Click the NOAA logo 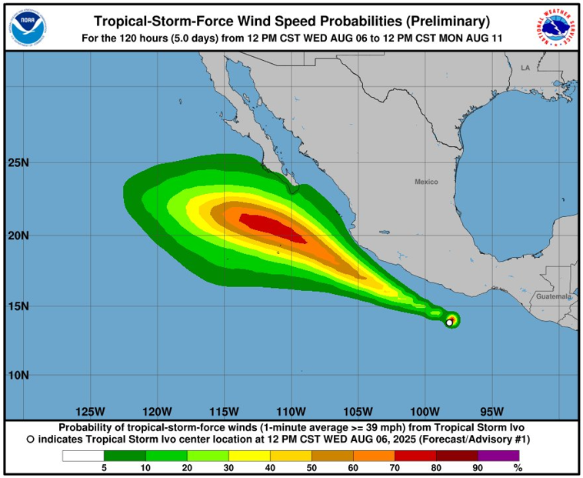pyautogui.click(x=28, y=27)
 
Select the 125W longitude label pyautogui.click(x=91, y=410)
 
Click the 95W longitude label pyautogui.click(x=492, y=410)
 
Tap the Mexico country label pyautogui.click(x=426, y=182)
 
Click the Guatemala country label pyautogui.click(x=554, y=296)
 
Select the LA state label pyautogui.click(x=525, y=69)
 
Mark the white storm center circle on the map pyautogui.click(x=449, y=323)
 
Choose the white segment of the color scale pyautogui.click(x=83, y=456)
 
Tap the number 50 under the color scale pyautogui.click(x=311, y=467)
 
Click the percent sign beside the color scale pyautogui.click(x=518, y=467)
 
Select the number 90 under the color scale pyautogui.click(x=478, y=467)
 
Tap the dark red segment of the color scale pyautogui.click(x=457, y=456)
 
